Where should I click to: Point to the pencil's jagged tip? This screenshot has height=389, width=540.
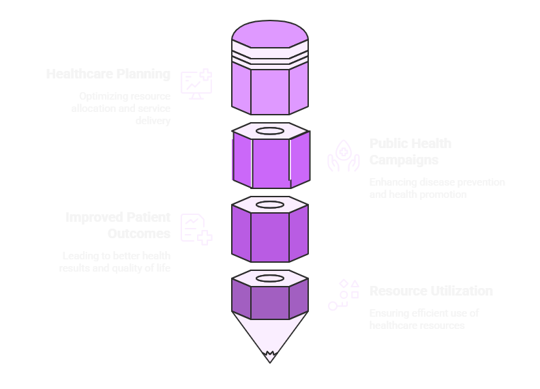click(x=270, y=355)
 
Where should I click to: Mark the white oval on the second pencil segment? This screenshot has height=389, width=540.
click(x=270, y=130)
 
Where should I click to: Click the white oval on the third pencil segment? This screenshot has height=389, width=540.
click(x=270, y=204)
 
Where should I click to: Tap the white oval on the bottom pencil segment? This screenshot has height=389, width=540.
click(x=270, y=278)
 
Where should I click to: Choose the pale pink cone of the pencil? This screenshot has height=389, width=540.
click(x=270, y=331)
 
